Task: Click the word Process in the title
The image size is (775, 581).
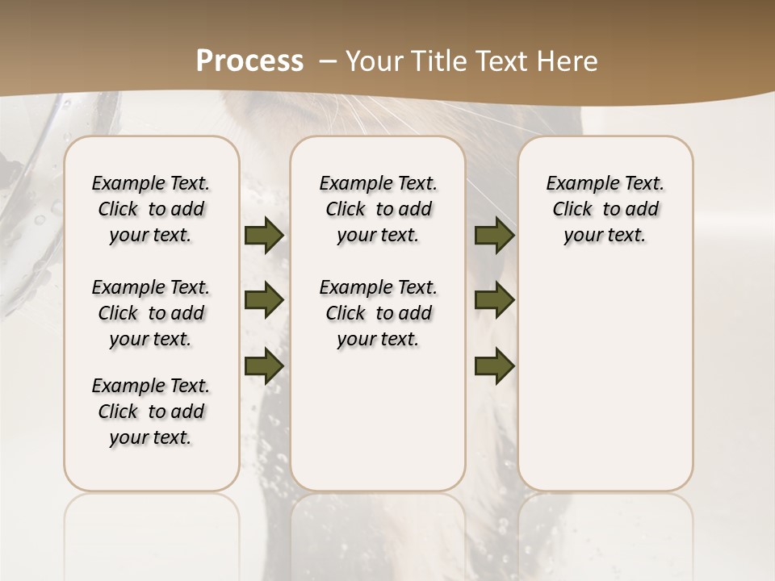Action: (249, 61)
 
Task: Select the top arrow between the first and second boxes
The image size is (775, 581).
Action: (264, 236)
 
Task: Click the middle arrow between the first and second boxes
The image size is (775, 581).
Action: (264, 301)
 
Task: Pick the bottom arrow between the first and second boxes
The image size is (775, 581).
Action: (264, 366)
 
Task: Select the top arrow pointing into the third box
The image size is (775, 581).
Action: (494, 236)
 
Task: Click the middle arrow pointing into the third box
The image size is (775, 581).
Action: (494, 301)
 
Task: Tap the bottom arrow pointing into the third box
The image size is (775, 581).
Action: (494, 366)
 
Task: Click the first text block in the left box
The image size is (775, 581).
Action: (151, 209)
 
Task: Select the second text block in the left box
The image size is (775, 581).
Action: (151, 313)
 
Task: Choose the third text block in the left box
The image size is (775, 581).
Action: (151, 412)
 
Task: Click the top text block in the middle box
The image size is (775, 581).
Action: (378, 209)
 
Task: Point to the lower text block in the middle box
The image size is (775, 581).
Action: (378, 313)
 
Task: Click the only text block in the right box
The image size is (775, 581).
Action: (605, 209)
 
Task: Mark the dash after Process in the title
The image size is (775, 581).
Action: (327, 61)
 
